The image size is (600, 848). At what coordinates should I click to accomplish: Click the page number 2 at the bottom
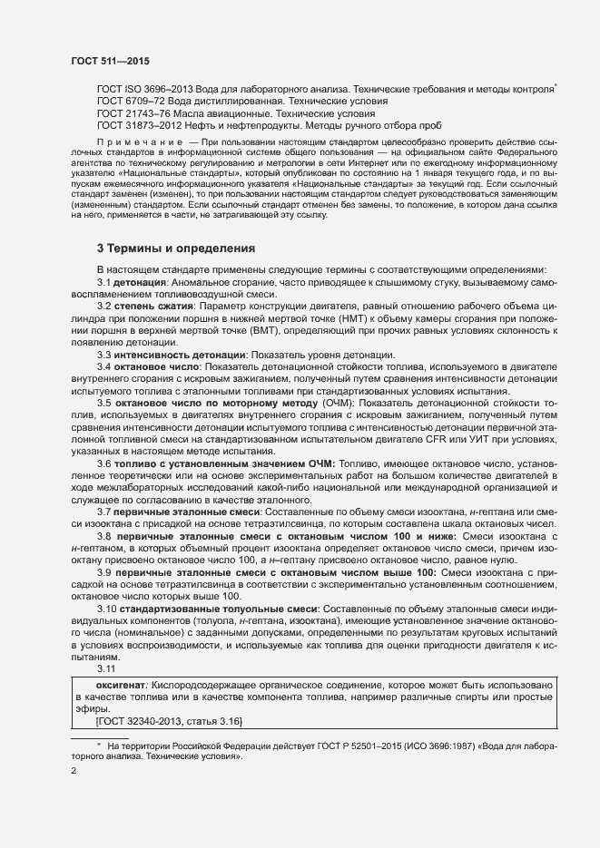(x=74, y=773)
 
